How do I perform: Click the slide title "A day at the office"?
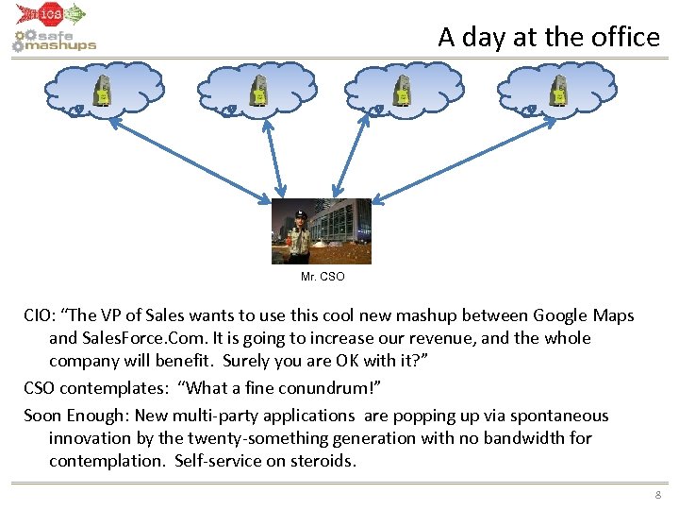[x=548, y=37]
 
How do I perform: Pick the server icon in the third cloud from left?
[x=403, y=92]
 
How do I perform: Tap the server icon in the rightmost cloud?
[x=559, y=92]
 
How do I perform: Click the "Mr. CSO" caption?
[x=323, y=277]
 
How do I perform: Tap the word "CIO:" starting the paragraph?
[x=42, y=315]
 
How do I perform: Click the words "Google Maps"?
[x=584, y=315]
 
